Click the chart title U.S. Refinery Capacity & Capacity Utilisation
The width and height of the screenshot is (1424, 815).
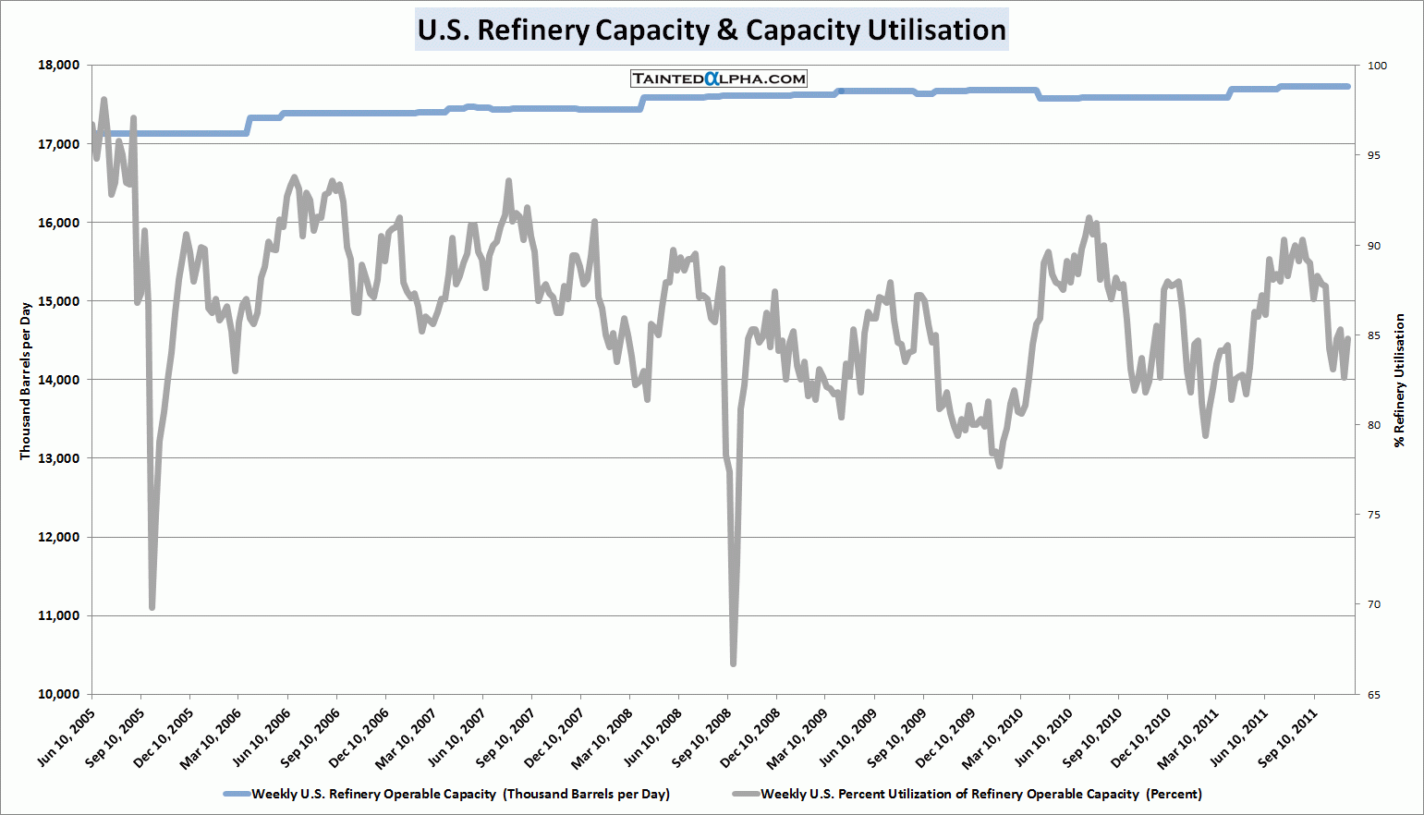[712, 30]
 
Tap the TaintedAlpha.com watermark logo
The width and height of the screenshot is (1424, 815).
[719, 79]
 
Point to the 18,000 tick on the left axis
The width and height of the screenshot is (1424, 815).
[59, 66]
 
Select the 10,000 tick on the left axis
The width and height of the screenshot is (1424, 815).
[59, 694]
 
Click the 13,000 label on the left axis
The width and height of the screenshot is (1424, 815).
[59, 458]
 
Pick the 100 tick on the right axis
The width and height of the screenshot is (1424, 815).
[1377, 66]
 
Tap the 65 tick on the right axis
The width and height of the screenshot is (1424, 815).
[1374, 694]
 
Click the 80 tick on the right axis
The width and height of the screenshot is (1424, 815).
[1374, 425]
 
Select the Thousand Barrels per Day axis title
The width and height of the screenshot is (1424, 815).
[26, 381]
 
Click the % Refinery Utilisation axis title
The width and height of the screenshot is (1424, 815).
[1400, 381]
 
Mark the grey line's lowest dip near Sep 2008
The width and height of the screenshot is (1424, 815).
[733, 663]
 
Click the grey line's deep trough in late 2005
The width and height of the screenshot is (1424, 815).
[152, 607]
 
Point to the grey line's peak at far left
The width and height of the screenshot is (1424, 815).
[103, 100]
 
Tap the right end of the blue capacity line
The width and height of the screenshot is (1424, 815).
[1348, 87]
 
